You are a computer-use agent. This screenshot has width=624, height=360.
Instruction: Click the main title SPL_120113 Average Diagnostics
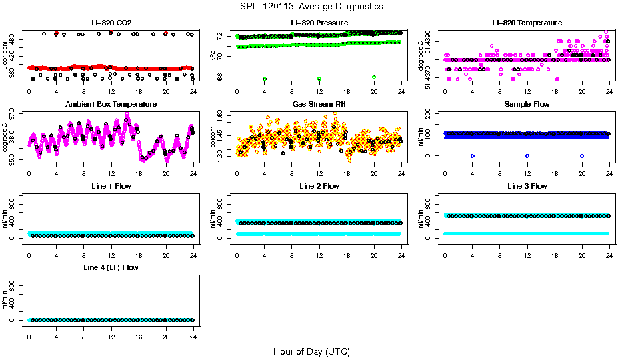312,6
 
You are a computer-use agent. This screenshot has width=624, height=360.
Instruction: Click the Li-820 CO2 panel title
111,23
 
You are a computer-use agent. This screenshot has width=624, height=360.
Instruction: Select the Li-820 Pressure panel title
319,23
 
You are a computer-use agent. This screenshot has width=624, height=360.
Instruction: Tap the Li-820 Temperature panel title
527,23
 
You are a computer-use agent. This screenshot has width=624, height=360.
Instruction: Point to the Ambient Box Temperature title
111,105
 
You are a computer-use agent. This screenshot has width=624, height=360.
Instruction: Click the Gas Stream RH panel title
319,105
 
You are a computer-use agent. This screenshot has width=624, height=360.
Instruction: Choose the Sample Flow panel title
527,105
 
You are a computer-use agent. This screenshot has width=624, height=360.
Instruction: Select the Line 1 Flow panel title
111,186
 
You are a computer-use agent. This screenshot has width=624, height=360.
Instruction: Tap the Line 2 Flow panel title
319,186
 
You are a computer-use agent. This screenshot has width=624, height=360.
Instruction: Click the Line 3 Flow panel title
527,186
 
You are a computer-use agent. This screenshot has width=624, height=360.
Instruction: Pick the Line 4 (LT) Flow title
111,267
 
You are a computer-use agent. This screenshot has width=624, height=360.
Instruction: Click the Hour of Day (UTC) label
311,351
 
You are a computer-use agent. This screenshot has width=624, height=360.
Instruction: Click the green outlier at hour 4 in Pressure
265,79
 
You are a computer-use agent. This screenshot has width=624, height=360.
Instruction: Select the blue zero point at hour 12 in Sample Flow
527,155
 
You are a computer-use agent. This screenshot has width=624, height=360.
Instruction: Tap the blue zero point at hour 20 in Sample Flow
582,155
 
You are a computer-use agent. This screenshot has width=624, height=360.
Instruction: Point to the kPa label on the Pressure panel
213,56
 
